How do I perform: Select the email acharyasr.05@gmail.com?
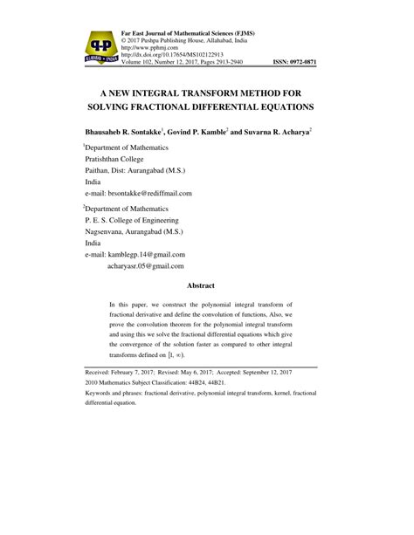pyautogui.click(x=146, y=265)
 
